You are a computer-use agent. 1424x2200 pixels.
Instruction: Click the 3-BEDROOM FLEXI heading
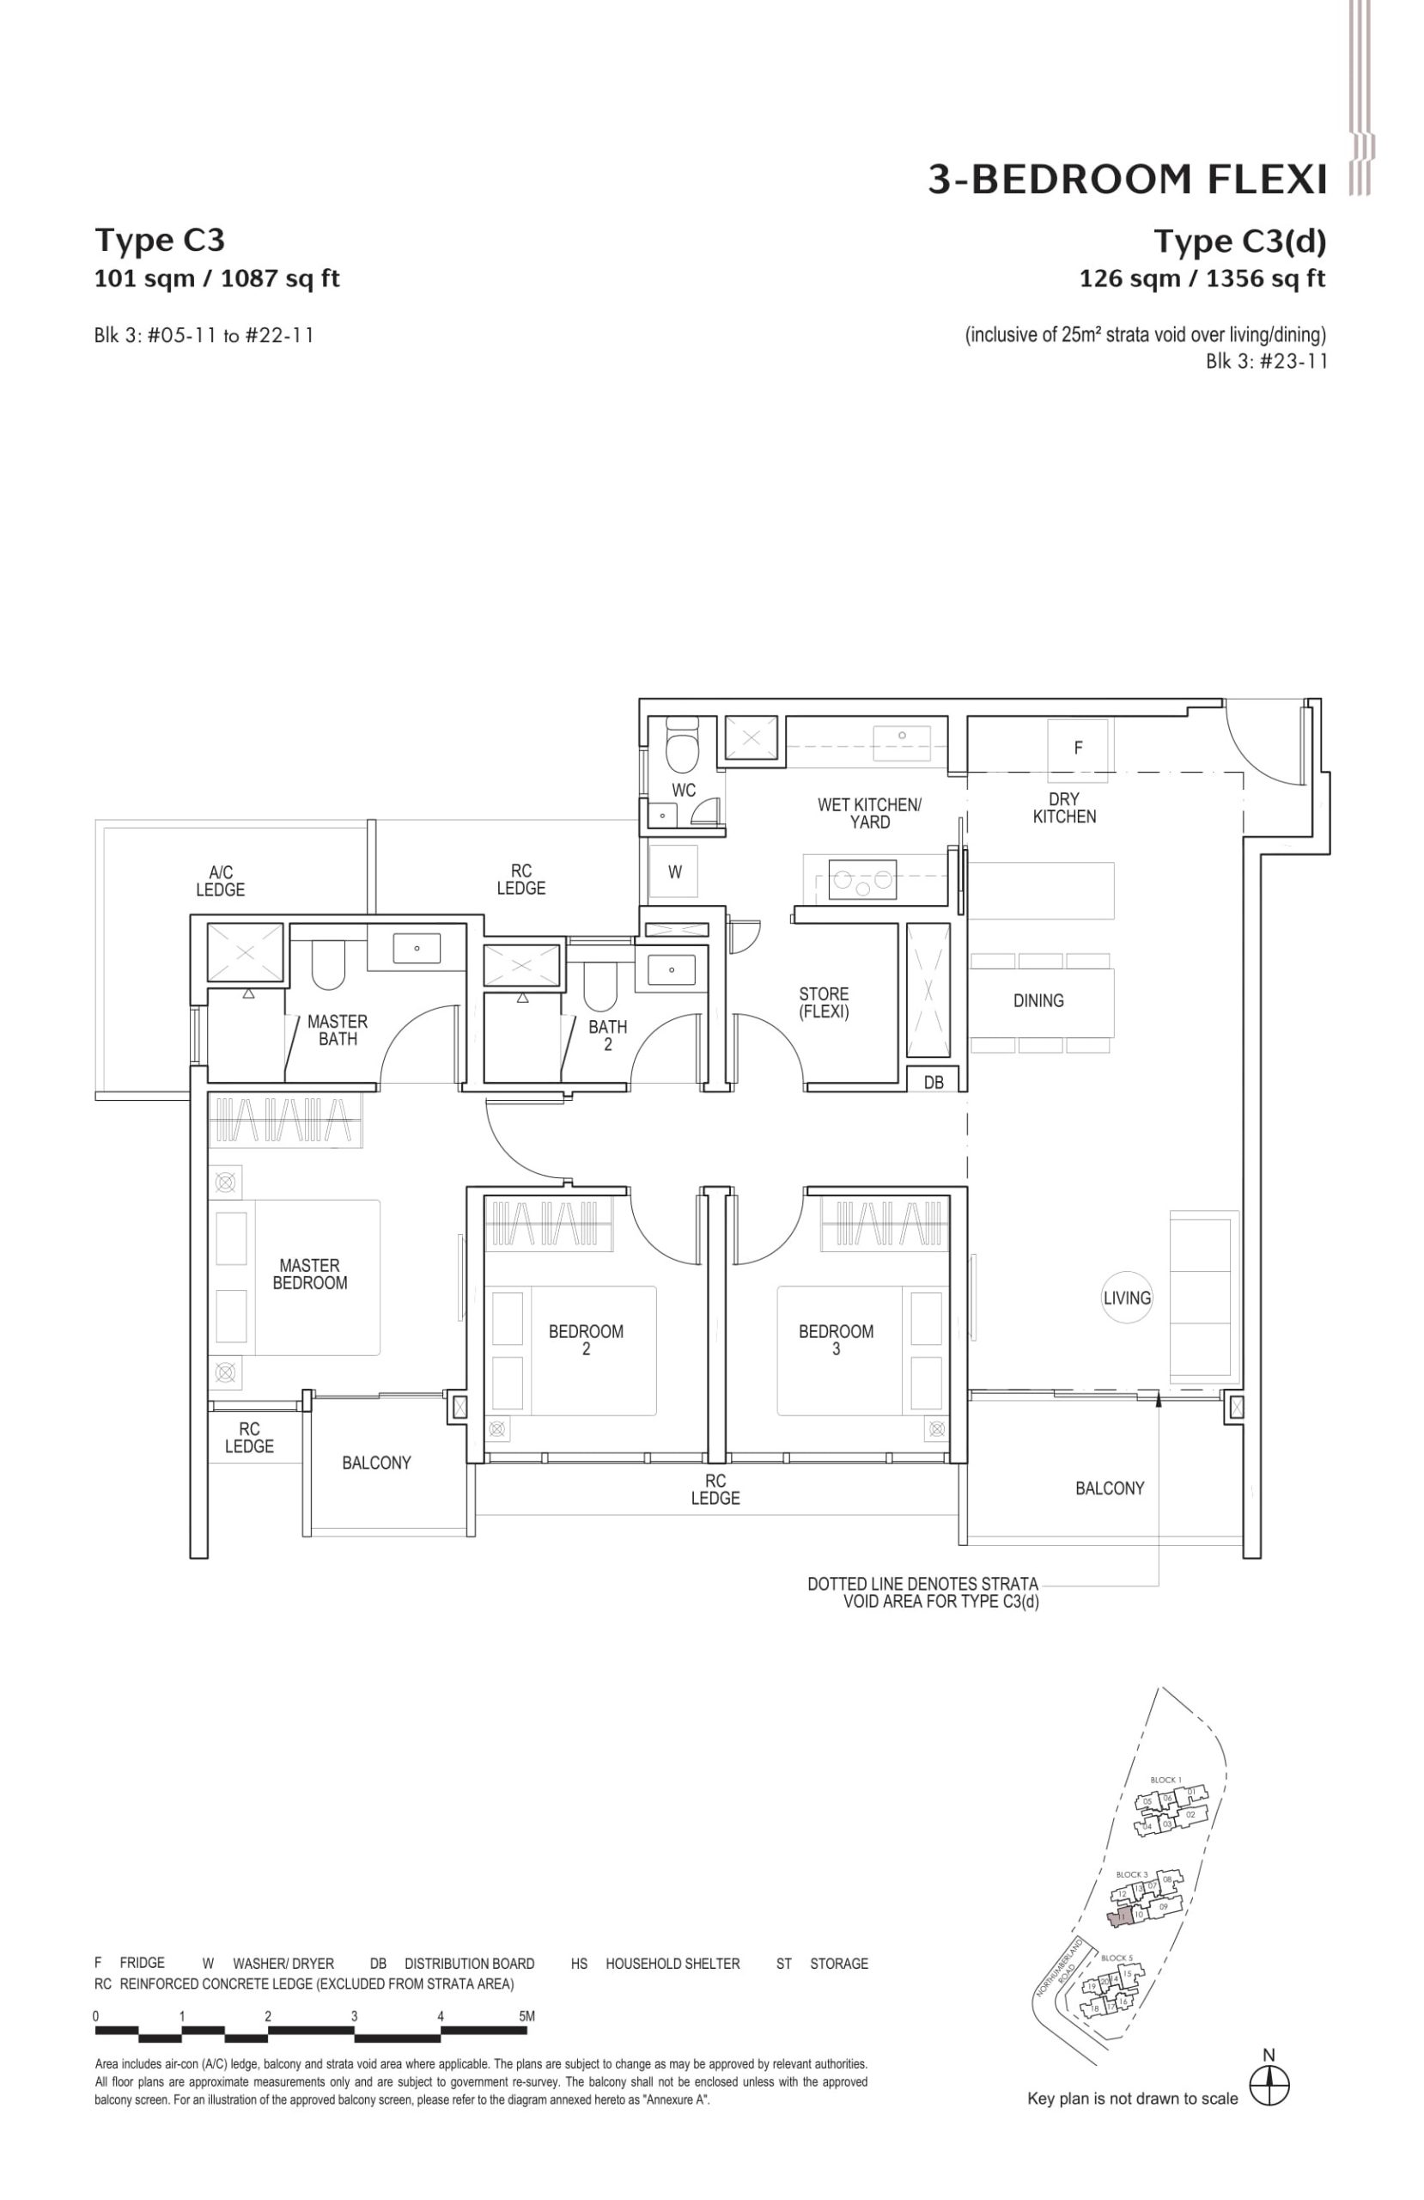1125,180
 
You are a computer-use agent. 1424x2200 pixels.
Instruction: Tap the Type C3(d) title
1238,241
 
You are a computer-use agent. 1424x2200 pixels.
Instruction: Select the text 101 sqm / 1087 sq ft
217,278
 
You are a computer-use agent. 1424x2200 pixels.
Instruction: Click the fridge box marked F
1076,748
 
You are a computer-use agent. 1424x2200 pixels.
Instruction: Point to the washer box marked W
674,871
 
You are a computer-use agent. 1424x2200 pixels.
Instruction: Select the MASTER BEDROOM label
309,1274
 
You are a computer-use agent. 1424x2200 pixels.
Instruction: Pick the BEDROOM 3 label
836,1340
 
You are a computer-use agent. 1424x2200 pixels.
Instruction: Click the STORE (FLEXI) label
824,1003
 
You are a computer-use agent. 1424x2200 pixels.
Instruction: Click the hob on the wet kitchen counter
862,879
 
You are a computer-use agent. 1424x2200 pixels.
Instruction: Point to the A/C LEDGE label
220,881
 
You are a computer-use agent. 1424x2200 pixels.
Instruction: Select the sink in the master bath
416,949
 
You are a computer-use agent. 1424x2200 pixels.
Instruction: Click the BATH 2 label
607,1036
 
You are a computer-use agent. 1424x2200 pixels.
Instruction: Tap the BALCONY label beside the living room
1109,1488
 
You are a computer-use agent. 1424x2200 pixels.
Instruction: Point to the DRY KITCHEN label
1063,807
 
